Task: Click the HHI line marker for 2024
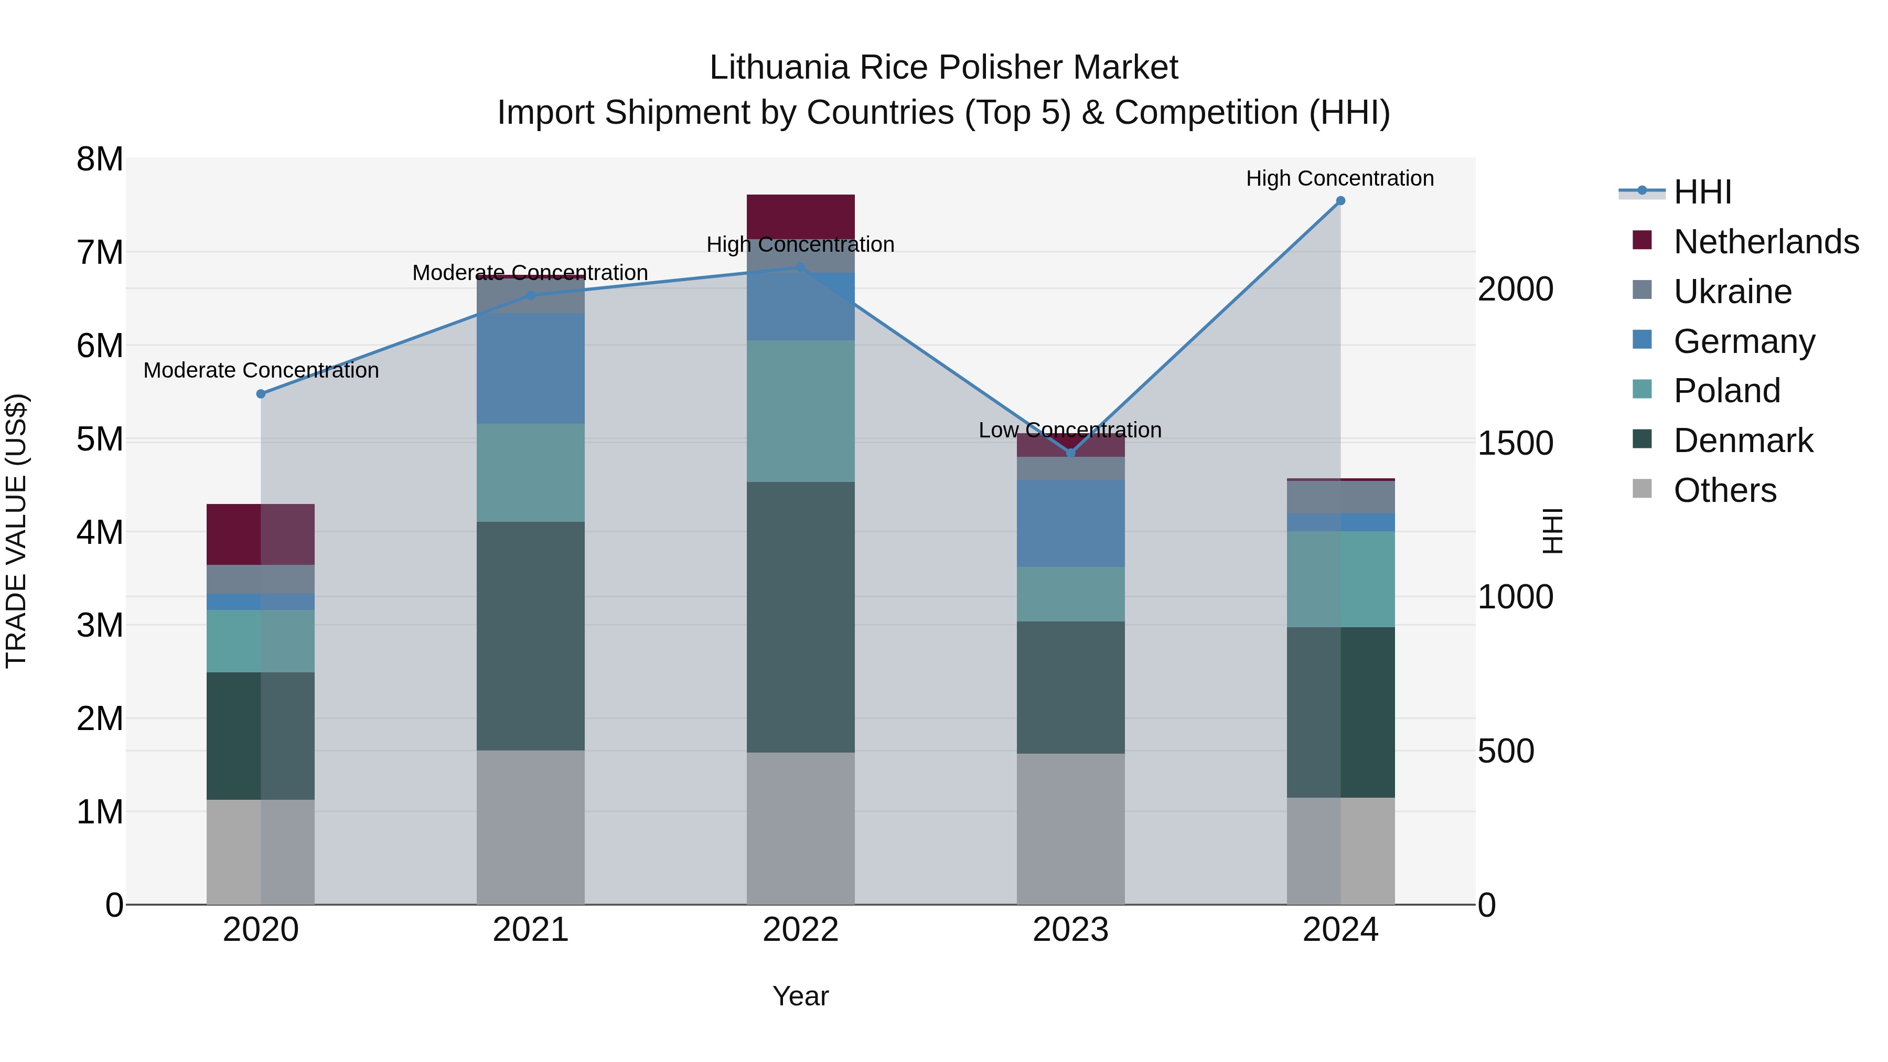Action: (x=1340, y=201)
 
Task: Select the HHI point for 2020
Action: (x=261, y=393)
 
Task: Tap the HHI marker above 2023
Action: (x=1071, y=453)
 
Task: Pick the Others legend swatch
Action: (x=1643, y=489)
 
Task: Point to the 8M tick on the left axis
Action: (x=100, y=159)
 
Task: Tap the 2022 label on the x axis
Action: (x=800, y=930)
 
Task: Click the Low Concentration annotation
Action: (x=1070, y=430)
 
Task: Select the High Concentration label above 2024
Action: (x=1340, y=178)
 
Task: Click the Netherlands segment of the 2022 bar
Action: (x=800, y=216)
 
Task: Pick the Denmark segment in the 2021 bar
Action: (x=531, y=636)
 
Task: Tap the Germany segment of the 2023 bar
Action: (x=1071, y=523)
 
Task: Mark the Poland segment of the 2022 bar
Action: (x=800, y=411)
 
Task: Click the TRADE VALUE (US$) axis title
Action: (x=16, y=531)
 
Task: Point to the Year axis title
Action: (x=800, y=996)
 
